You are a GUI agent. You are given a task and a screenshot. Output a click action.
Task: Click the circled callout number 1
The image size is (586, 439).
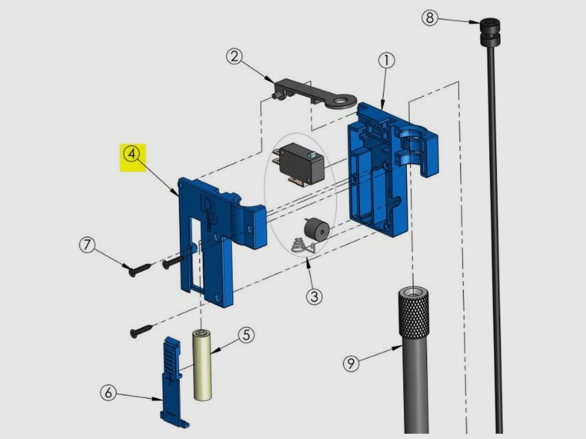click(387, 61)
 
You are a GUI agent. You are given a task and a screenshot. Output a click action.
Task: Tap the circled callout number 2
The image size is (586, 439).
click(234, 57)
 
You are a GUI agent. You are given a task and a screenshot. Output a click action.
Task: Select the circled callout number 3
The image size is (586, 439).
click(314, 296)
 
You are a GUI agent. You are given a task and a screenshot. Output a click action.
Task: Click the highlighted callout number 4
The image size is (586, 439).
click(132, 154)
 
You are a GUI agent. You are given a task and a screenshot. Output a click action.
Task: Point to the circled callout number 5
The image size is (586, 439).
click(246, 335)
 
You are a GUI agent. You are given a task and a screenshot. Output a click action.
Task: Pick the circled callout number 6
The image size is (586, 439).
click(108, 393)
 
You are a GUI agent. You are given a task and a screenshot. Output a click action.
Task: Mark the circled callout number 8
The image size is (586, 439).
click(430, 18)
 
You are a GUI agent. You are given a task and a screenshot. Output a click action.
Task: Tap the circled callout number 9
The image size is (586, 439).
click(351, 363)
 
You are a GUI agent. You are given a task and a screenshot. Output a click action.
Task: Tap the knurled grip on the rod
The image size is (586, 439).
click(414, 313)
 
